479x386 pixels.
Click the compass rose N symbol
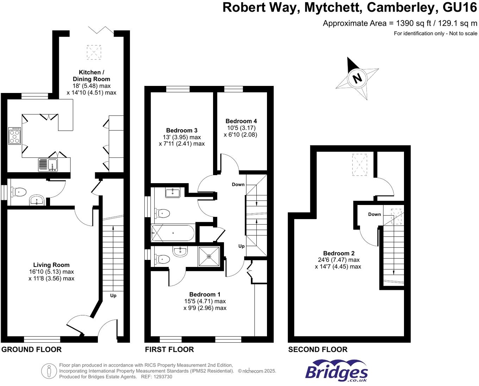click(x=357, y=78)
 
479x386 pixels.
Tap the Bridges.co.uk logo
click(x=336, y=371)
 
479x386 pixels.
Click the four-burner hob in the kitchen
click(x=15, y=136)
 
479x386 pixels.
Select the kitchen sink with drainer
click(x=48, y=165)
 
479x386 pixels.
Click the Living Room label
click(x=51, y=265)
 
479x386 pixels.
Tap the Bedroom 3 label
click(x=182, y=130)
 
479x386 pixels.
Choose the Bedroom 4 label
click(x=241, y=121)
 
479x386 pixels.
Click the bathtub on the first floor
click(x=173, y=233)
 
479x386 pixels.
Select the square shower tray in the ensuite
click(x=209, y=256)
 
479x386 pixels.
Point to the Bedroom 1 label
click(x=205, y=294)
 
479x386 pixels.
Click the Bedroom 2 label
click(x=338, y=253)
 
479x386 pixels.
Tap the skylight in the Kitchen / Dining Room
click(x=94, y=52)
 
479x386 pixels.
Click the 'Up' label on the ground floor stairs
click(x=113, y=295)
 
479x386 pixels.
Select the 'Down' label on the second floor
click(x=374, y=214)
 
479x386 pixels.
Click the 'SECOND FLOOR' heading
click(x=318, y=349)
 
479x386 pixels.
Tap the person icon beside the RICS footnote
click(x=49, y=371)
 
